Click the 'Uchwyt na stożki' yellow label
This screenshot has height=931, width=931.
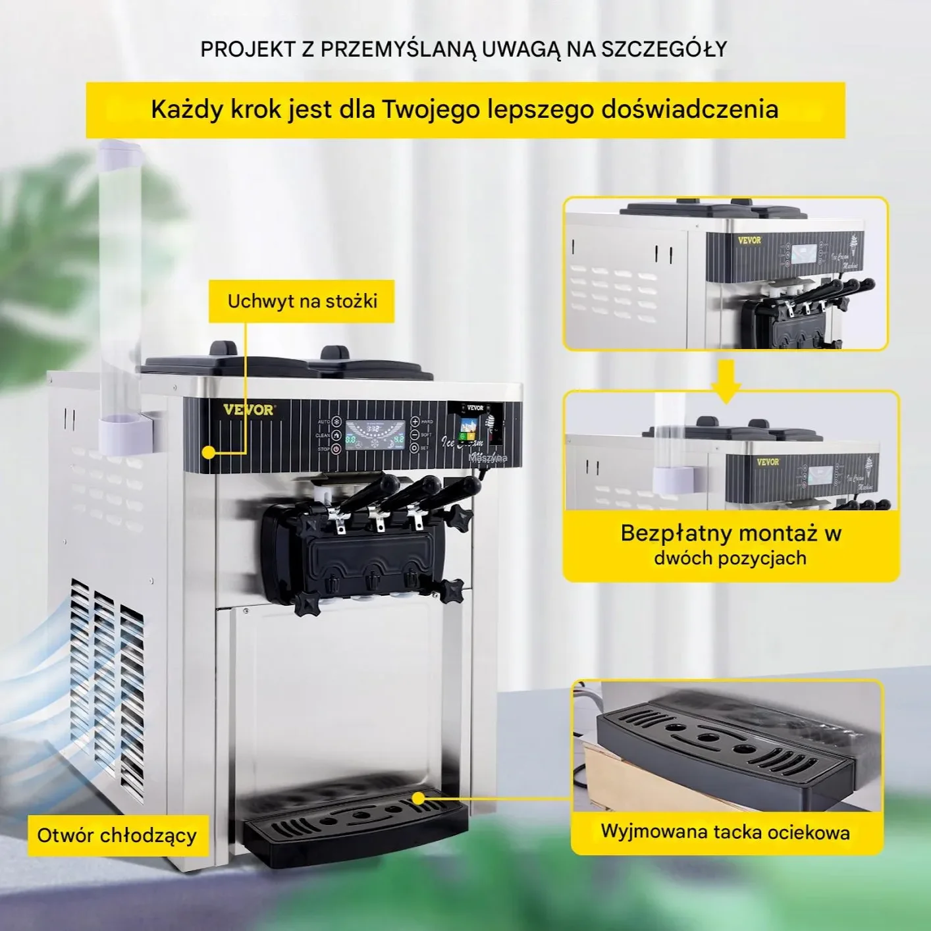pyautogui.click(x=302, y=302)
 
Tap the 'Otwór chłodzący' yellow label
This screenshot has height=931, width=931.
pyautogui.click(x=117, y=836)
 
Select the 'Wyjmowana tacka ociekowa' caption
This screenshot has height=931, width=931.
pyautogui.click(x=725, y=832)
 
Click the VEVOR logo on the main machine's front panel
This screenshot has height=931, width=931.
pyautogui.click(x=248, y=410)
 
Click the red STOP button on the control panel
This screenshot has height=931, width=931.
pyautogui.click(x=336, y=449)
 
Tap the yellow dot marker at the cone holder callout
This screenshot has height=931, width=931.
pyautogui.click(x=209, y=452)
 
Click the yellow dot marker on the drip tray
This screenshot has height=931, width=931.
pyautogui.click(x=418, y=798)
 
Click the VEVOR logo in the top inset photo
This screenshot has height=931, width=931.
pyautogui.click(x=749, y=240)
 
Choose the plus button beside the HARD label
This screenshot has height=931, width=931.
pyautogui.click(x=415, y=421)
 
